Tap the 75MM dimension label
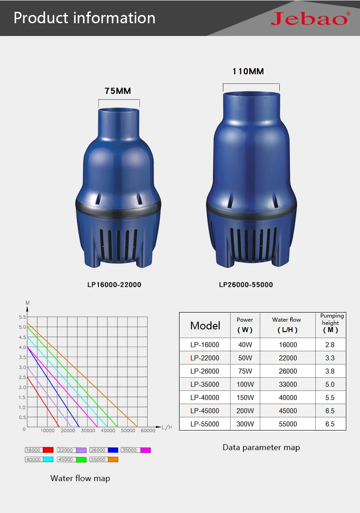click(118, 91)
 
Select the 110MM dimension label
click(248, 72)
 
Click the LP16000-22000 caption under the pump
click(114, 285)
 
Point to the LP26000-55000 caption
click(246, 285)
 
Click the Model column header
click(205, 326)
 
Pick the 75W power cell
click(245, 371)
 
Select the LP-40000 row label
click(205, 398)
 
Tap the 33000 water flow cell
click(288, 385)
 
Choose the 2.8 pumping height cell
click(330, 345)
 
